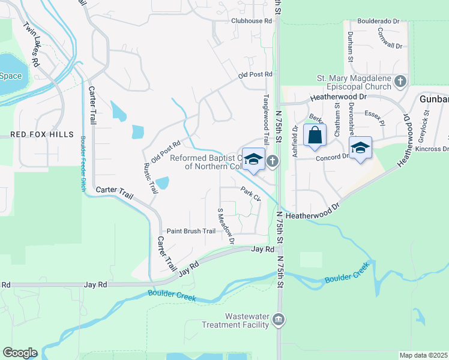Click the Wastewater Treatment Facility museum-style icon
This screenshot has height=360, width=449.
[278, 319]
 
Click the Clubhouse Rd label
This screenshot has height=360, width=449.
[252, 20]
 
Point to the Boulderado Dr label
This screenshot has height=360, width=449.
[378, 21]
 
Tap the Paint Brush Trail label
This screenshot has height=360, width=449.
[191, 231]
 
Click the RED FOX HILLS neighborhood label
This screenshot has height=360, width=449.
[37, 134]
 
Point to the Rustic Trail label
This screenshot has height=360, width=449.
[150, 178]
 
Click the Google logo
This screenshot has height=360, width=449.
[20, 353]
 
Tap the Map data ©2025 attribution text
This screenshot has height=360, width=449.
[423, 355]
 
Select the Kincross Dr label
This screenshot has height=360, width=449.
[432, 148]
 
